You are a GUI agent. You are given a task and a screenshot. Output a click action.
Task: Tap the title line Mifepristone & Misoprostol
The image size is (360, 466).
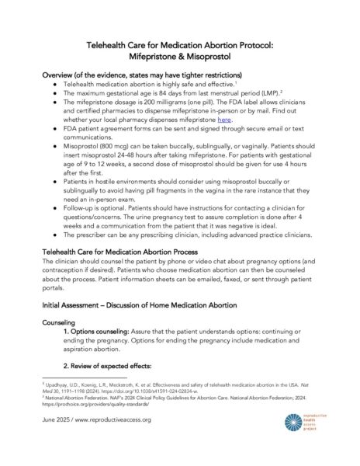(180, 57)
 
